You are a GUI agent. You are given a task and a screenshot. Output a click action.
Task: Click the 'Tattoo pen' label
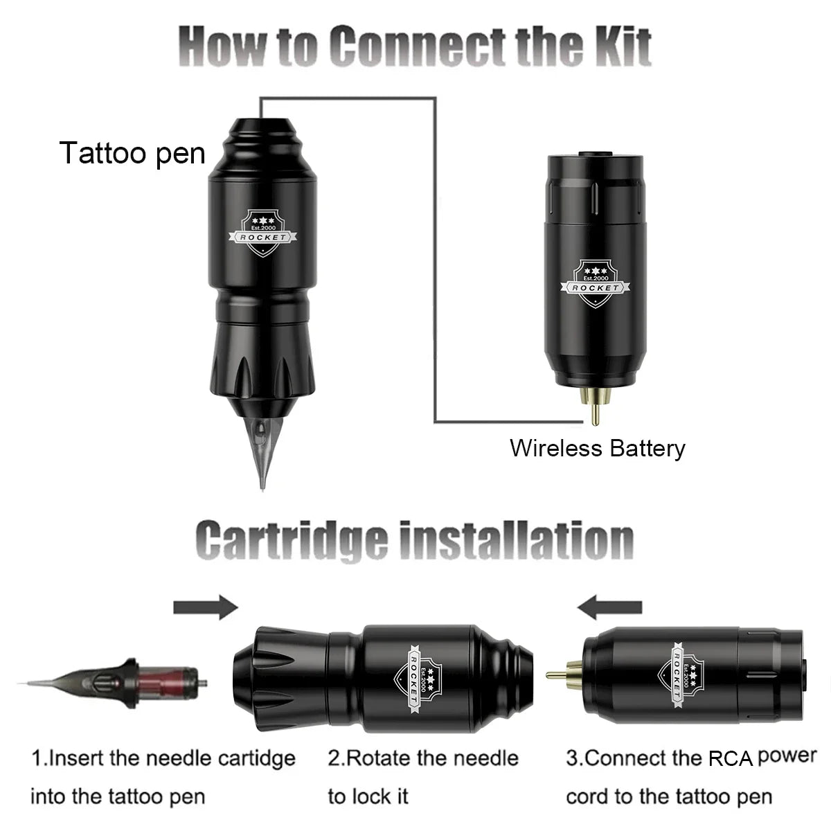coord(132,153)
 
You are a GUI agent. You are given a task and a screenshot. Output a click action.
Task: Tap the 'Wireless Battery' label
coord(597,448)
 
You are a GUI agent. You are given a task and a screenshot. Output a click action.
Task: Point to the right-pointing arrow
coord(205,608)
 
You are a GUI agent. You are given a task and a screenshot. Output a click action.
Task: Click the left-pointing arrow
coord(609,608)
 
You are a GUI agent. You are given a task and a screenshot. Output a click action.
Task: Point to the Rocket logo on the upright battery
coord(595,283)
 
